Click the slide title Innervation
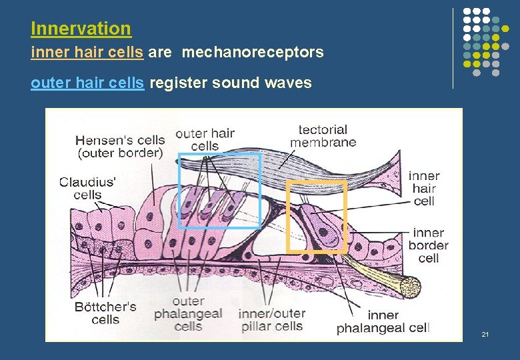[81, 29]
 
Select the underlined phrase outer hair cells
[87, 83]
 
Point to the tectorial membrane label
[323, 135]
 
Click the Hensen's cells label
[120, 140]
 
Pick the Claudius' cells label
[87, 188]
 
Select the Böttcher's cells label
[105, 313]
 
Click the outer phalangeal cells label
[187, 314]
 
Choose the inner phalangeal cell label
[383, 321]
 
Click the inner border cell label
[429, 245]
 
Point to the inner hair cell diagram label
[424, 188]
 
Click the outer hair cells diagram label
[205, 139]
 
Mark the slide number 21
[485, 333]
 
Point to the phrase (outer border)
[120, 153]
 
